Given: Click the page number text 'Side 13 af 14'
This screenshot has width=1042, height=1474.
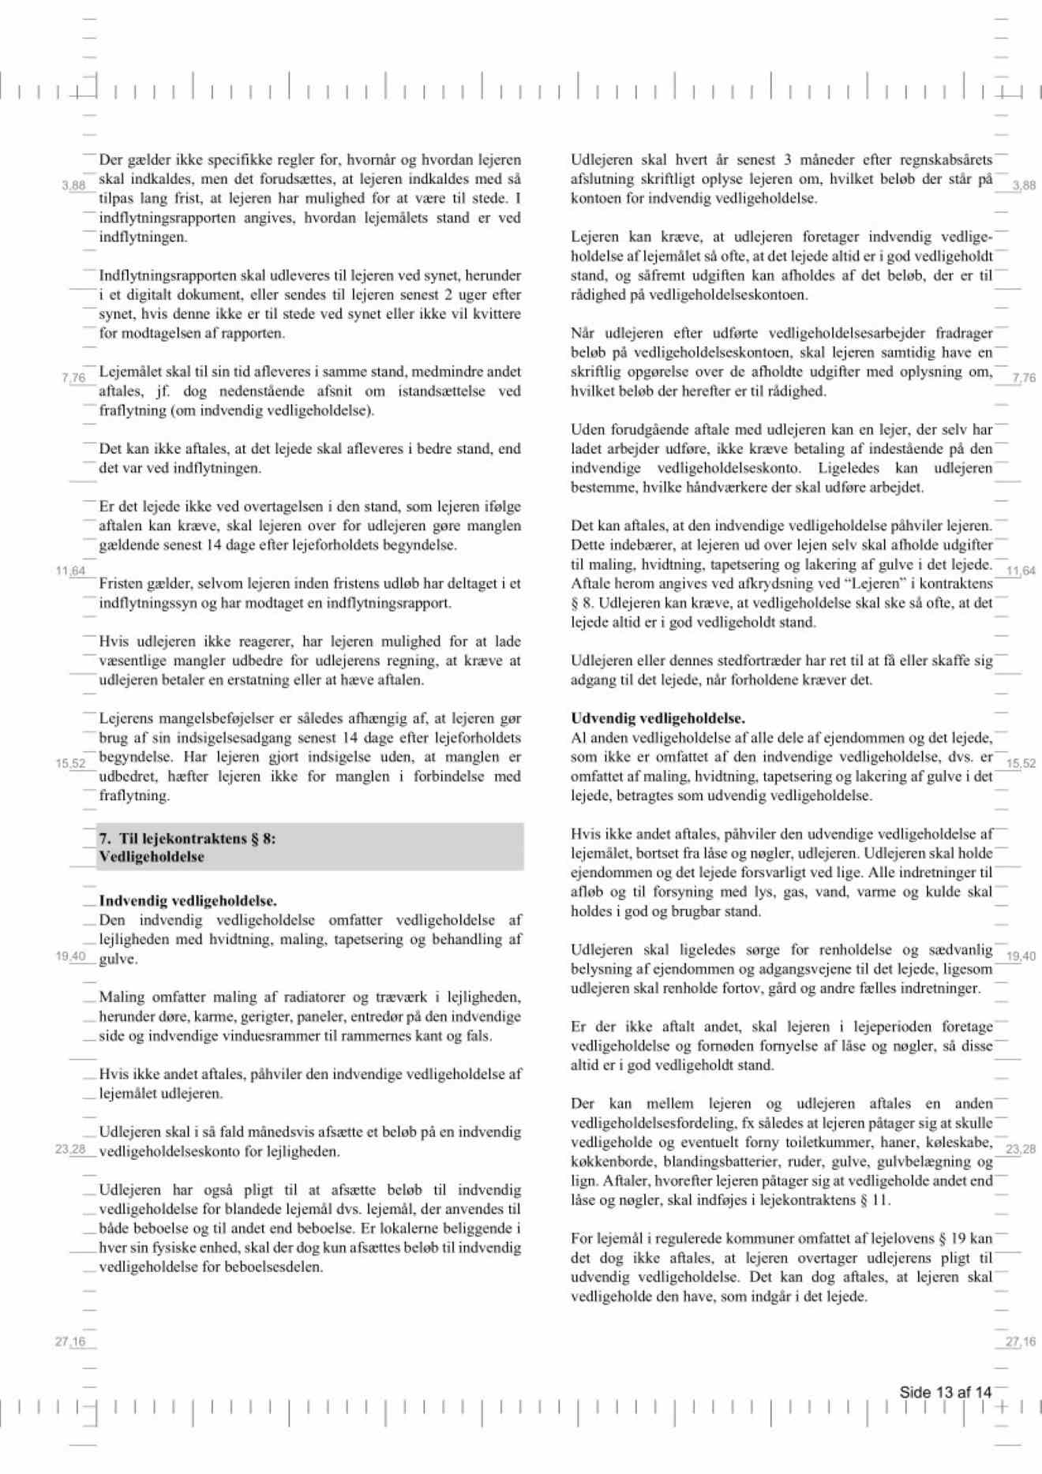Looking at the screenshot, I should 945,1392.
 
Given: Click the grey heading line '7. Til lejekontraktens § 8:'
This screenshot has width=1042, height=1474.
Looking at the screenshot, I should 188,838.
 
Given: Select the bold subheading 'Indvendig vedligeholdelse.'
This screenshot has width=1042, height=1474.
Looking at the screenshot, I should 188,900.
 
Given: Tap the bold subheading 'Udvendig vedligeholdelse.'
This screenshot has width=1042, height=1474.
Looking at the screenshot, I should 658,718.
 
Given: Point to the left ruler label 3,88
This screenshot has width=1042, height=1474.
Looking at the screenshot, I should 73,185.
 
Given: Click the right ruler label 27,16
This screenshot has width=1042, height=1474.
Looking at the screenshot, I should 1021,1341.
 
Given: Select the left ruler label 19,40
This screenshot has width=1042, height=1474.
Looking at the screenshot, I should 70,956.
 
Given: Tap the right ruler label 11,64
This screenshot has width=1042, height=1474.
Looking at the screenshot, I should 1021,571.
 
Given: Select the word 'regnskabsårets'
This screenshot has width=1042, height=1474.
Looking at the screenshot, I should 945,159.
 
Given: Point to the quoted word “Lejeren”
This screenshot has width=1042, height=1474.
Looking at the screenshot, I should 857,583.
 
